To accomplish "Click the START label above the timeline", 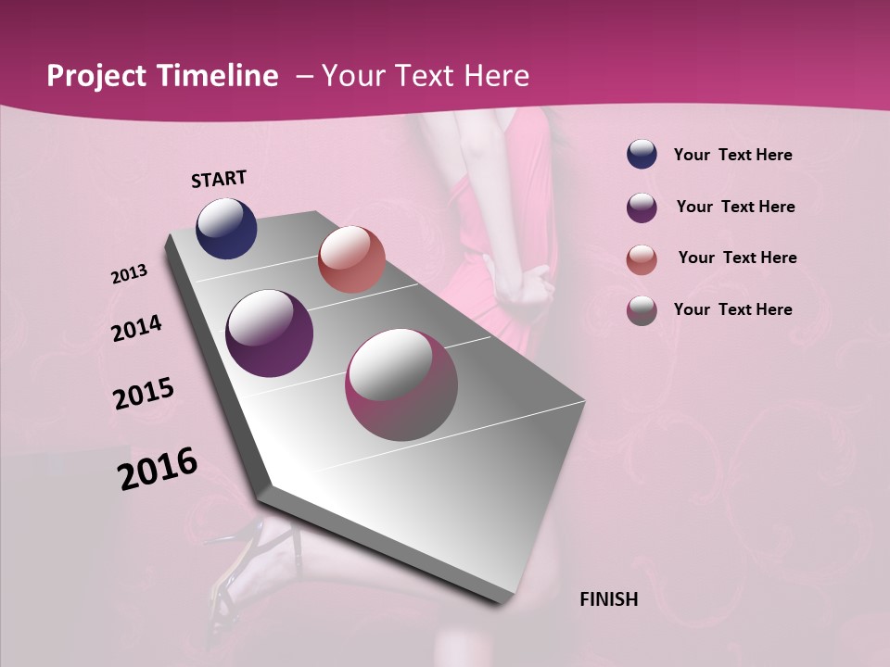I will pyautogui.click(x=219, y=179).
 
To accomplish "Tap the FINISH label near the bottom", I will pyautogui.click(x=608, y=599).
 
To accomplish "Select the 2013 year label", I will pyautogui.click(x=130, y=274).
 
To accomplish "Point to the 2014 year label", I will pyautogui.click(x=137, y=328).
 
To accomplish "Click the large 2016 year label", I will pyautogui.click(x=158, y=469).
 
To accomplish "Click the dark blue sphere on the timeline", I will pyautogui.click(x=226, y=228).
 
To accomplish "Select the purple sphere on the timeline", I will pyautogui.click(x=270, y=333).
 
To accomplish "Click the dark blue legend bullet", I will pyautogui.click(x=642, y=155).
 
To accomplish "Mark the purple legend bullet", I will pyautogui.click(x=642, y=208).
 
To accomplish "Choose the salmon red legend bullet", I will pyautogui.click(x=642, y=258).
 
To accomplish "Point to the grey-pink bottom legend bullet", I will pyautogui.click(x=642, y=310).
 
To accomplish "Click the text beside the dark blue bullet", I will pyautogui.click(x=732, y=155).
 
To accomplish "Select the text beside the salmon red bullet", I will pyautogui.click(x=737, y=258).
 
